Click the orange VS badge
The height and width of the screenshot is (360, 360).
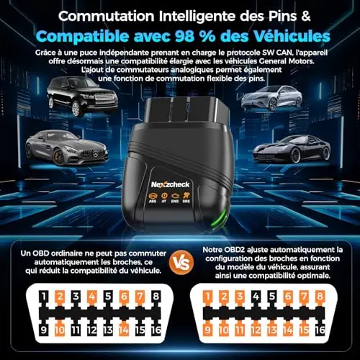[181, 263]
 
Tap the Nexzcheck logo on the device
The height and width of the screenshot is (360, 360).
[171, 184]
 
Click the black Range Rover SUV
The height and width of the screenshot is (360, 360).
[82, 96]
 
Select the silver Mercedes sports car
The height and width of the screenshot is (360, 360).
[67, 148]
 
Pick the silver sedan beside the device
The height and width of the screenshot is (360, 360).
[271, 98]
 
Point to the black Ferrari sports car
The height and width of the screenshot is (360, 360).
[292, 149]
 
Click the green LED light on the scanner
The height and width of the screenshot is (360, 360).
[220, 218]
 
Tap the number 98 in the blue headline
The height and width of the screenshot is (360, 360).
[184, 36]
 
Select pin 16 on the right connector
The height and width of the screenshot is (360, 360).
[320, 330]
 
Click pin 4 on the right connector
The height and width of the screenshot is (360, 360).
[256, 296]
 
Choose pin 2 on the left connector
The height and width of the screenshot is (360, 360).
[60, 296]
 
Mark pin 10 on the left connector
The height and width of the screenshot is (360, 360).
[60, 330]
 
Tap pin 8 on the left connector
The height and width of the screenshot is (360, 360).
[156, 296]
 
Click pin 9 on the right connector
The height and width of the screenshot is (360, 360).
[208, 330]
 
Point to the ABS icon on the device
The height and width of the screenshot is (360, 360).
[153, 197]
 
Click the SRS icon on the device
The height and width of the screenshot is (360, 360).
[186, 197]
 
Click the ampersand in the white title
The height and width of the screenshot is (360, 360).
[305, 17]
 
